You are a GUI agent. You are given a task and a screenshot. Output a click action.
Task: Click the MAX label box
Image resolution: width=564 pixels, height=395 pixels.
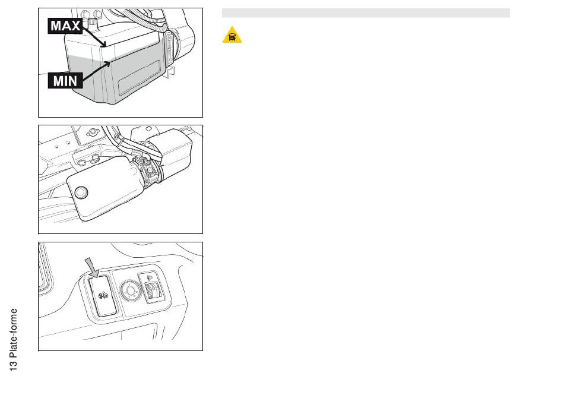(65, 26)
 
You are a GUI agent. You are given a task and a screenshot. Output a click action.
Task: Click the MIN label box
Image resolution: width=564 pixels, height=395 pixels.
(65, 81)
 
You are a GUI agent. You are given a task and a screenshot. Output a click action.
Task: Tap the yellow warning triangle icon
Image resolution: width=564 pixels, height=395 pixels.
(232, 35)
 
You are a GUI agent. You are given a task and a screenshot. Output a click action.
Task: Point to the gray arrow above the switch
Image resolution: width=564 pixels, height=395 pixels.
(92, 268)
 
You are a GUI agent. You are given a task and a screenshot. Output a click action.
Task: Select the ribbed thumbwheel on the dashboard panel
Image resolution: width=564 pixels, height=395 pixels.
(153, 290)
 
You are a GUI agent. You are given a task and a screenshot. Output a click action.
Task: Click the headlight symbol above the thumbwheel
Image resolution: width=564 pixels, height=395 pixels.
(150, 277)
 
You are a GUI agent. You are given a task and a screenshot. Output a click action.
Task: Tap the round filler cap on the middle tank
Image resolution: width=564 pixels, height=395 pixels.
(81, 192)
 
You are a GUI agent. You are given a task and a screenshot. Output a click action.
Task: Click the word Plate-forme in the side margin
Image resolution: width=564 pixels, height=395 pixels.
(13, 333)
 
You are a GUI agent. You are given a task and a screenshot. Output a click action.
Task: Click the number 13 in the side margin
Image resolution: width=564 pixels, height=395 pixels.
(13, 365)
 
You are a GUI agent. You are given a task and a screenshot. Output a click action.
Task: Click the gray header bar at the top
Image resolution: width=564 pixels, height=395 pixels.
(366, 13)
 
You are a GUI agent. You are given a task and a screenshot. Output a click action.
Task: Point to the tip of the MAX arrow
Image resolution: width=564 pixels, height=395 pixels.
(106, 46)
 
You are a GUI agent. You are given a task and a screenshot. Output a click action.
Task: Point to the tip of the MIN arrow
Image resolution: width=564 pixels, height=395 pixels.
(110, 62)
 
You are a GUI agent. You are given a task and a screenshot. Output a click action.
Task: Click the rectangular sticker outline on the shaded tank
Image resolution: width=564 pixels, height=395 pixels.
(140, 77)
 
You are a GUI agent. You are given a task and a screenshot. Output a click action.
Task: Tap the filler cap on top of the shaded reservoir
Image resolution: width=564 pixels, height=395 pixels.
(93, 24)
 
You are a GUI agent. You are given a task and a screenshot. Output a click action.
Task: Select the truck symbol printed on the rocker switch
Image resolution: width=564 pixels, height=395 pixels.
(103, 296)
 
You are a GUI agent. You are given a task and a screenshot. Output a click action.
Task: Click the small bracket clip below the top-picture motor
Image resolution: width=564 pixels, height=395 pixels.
(170, 72)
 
